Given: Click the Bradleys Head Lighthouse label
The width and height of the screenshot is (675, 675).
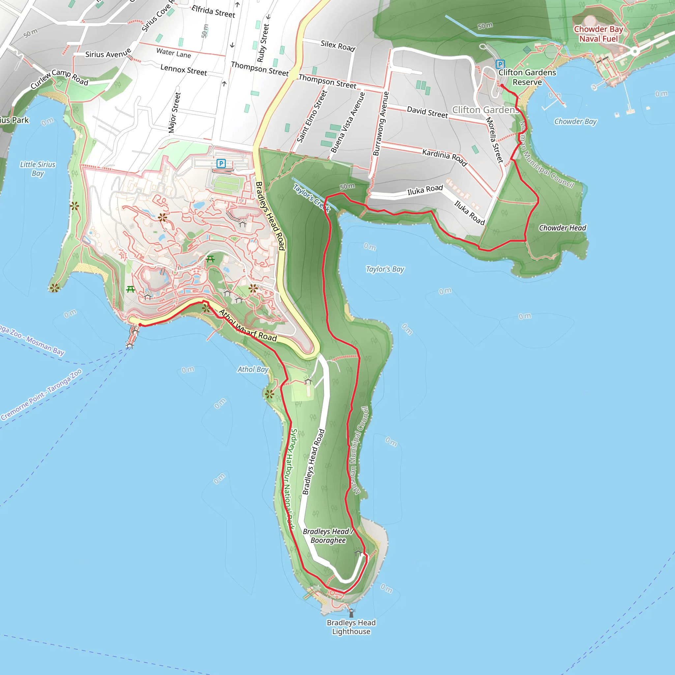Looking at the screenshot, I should click(x=351, y=627).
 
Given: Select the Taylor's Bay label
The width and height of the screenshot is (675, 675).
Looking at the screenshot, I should click(x=385, y=269).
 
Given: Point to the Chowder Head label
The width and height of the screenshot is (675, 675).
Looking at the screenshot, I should click(x=562, y=228).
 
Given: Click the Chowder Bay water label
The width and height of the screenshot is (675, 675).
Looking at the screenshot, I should click(x=575, y=121).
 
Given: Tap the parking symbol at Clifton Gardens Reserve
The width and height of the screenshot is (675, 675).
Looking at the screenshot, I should click(x=500, y=64).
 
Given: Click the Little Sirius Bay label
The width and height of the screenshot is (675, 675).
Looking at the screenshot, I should click(x=38, y=169).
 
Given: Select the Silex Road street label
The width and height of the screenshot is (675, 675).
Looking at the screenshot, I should click(x=338, y=45).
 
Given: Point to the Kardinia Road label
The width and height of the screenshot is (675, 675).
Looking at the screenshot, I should click(x=444, y=157).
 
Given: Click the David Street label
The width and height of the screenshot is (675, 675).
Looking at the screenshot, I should click(x=427, y=112).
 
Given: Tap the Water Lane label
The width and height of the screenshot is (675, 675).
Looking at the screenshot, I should click(x=174, y=53).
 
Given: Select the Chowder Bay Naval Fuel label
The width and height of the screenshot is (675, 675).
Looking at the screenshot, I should click(x=598, y=34).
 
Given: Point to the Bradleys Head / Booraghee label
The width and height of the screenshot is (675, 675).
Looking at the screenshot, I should click(x=328, y=536).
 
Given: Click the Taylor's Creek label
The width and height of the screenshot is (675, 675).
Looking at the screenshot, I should click(x=312, y=198).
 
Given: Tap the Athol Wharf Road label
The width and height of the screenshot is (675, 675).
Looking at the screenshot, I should click(x=248, y=326).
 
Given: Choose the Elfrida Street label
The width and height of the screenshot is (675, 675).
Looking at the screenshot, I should click(x=213, y=11).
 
